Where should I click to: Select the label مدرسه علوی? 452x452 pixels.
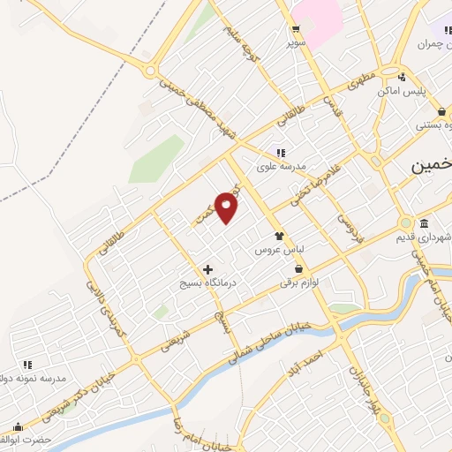click(281, 166)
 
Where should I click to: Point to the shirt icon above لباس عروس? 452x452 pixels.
click(279, 236)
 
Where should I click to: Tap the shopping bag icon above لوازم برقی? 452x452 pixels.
click(298, 268)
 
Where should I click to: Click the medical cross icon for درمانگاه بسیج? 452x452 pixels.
click(207, 268)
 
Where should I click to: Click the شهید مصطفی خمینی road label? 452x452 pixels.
click(200, 111)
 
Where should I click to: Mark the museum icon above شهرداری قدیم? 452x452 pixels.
click(424, 222)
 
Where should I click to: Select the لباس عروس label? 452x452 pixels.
click(274, 250)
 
